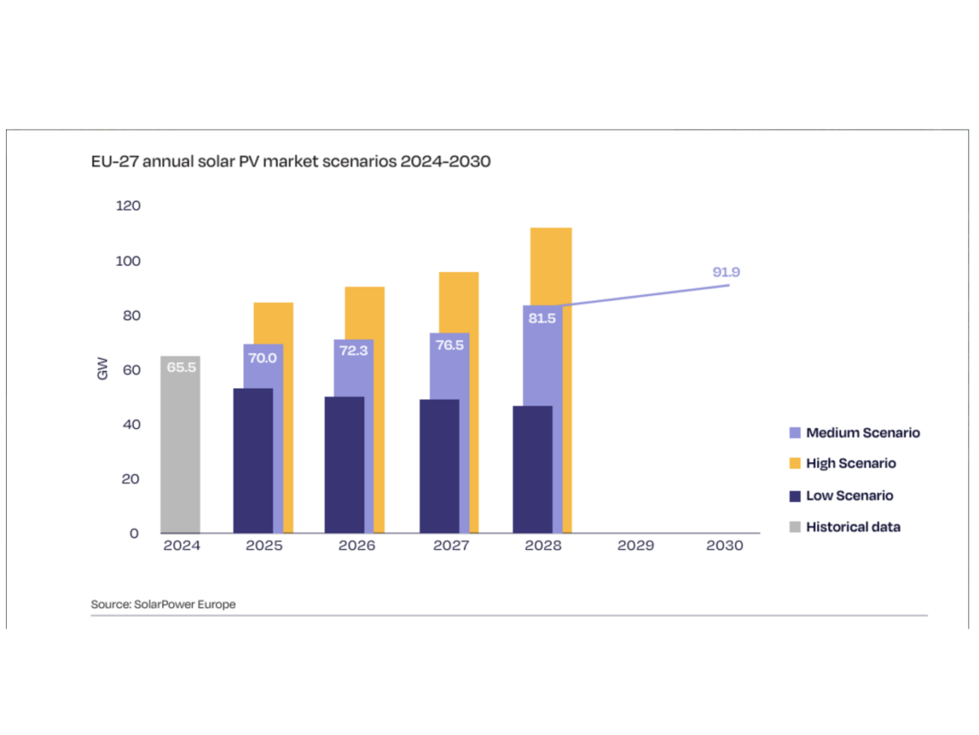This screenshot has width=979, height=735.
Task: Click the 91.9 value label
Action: coord(726,272)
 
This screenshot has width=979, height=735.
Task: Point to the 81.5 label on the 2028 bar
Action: coord(542,318)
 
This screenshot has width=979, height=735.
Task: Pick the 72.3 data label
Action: coord(353,351)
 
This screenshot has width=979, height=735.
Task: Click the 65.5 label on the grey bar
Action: coord(181,367)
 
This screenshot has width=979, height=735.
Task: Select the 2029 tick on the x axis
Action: coord(636,545)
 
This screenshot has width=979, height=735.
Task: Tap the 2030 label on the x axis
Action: coord(724,545)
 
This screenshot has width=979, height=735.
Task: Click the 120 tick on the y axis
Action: coord(128,206)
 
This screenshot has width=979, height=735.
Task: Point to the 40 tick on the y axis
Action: coord(131,424)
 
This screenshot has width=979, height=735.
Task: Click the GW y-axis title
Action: coord(102,369)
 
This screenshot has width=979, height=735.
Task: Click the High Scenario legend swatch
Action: coord(794,463)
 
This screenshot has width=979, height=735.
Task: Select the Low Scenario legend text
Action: coord(849,495)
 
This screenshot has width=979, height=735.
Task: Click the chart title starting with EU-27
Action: coord(291,161)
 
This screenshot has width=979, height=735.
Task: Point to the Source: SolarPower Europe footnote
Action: coord(163,605)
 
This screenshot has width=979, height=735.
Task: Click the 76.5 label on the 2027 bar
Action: coord(450,345)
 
